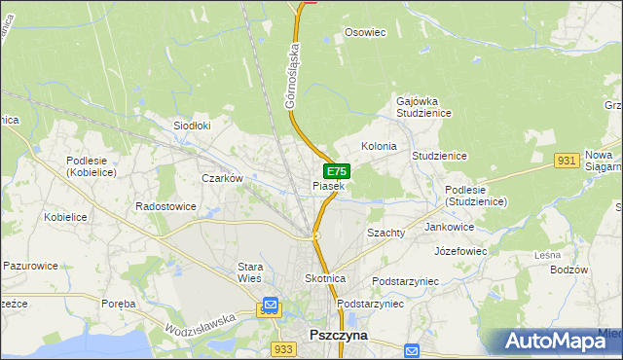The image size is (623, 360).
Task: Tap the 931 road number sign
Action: (x=568, y=160)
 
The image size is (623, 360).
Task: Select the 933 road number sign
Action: (x=283, y=348)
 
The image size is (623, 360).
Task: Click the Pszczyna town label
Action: (x=338, y=334)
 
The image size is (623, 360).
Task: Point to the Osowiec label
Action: (x=366, y=32)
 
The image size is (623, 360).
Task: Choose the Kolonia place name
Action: (x=379, y=146)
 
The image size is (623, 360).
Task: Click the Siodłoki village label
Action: (x=192, y=126)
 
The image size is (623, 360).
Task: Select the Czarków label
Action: (x=221, y=178)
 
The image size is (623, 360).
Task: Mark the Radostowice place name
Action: (x=166, y=207)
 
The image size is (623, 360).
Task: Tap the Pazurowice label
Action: (x=31, y=265)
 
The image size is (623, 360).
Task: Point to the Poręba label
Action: (x=119, y=304)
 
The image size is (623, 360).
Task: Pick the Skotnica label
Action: (x=326, y=278)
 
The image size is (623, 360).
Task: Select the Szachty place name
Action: (x=385, y=234)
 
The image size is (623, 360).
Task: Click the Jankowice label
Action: (x=450, y=227)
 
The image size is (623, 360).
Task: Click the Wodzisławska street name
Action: (x=202, y=327)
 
